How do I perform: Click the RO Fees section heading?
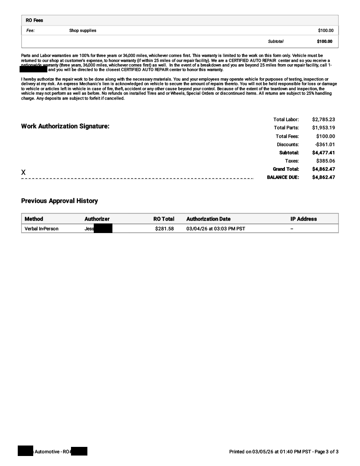pos(34,20)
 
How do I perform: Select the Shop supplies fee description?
pos(82,30)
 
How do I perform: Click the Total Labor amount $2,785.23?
pos(323,120)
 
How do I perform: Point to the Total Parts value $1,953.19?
pos(323,128)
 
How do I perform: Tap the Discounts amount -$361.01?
pos(325,144)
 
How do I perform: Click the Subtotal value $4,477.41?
pos(323,153)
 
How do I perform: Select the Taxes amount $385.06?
pos(325,161)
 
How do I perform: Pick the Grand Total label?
pos(285,169)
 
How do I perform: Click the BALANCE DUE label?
pos(283,177)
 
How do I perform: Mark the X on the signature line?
pos(24,172)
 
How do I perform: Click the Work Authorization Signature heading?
pos(65,126)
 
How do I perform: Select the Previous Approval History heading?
pos(59,201)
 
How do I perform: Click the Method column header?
pos(34,219)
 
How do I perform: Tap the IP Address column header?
pos(303,219)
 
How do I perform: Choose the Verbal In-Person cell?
pos(41,228)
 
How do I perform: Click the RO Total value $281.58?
pos(164,228)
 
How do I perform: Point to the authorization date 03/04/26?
pos(196,228)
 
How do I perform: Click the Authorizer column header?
pos(97,219)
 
